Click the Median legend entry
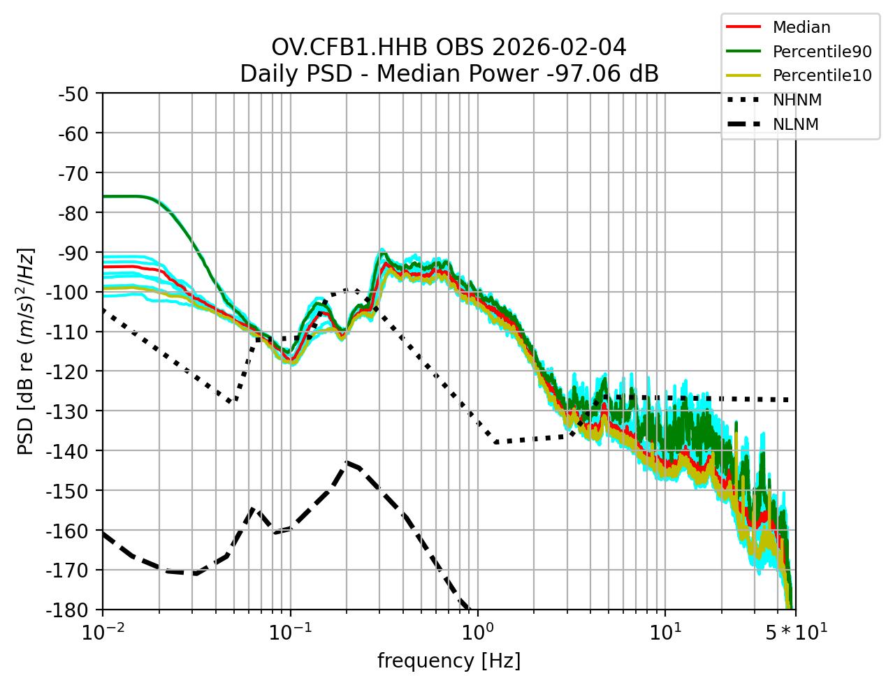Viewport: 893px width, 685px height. (x=801, y=28)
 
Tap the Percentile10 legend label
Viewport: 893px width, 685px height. (x=822, y=75)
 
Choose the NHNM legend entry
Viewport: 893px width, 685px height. (x=797, y=101)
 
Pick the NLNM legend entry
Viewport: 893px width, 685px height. (x=795, y=125)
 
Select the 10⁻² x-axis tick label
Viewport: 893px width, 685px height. (x=103, y=632)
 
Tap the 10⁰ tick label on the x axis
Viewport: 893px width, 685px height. (x=477, y=632)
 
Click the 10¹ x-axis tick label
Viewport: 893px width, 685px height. (x=665, y=632)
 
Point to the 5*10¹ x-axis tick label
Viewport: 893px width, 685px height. (x=794, y=632)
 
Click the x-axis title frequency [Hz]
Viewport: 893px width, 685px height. (x=449, y=661)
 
